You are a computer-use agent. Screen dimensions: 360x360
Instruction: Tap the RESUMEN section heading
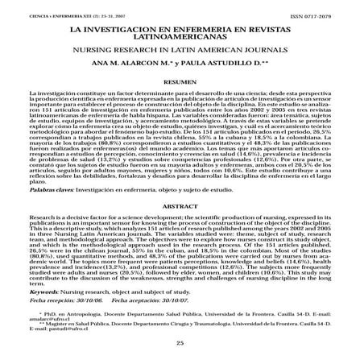click(180, 82)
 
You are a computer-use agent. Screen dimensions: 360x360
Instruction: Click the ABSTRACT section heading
click(180, 206)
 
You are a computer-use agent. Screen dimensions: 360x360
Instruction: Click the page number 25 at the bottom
click(180, 343)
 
